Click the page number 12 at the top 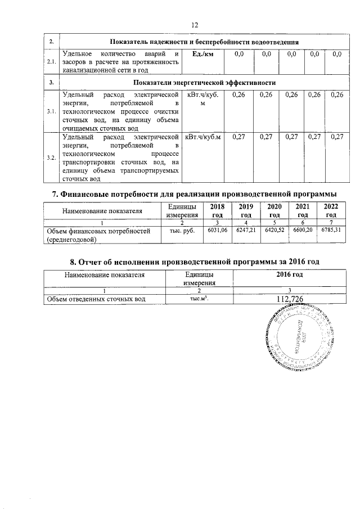[195, 25]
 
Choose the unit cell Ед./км [201, 54]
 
